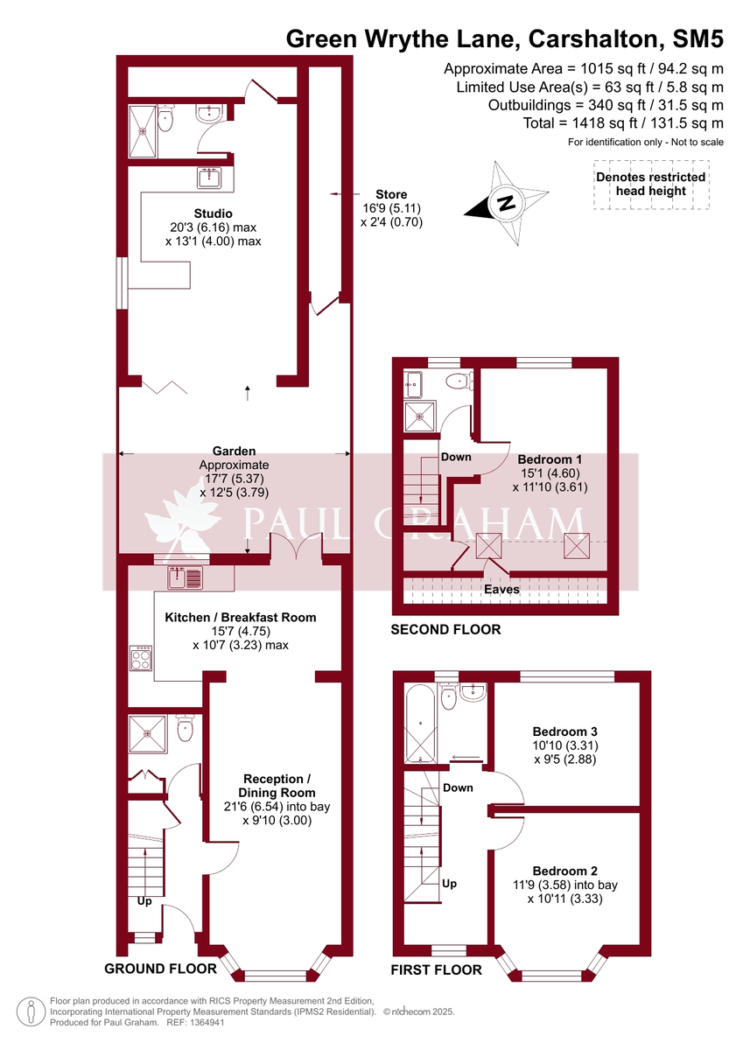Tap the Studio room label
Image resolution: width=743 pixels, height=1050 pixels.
tap(214, 213)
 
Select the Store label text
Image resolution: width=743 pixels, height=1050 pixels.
tap(391, 194)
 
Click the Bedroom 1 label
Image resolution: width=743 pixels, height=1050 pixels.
tap(550, 458)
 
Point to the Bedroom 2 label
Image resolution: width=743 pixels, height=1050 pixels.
tap(564, 871)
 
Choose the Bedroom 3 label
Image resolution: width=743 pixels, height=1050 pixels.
tap(564, 731)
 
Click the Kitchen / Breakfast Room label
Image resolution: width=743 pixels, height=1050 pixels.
tap(241, 617)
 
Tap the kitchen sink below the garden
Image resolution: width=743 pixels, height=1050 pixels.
tap(185, 577)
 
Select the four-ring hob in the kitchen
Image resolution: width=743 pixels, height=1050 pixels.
tap(140, 658)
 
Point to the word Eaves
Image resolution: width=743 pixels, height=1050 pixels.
tap(502, 589)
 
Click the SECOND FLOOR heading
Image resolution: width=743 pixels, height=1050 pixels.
tap(445, 629)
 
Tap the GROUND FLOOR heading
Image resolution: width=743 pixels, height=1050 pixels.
tap(160, 969)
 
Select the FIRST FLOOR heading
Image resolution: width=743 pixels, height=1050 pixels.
tap(437, 969)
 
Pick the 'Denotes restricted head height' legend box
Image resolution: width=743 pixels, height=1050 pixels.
tap(650, 184)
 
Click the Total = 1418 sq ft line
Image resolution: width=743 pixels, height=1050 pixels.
tap(623, 123)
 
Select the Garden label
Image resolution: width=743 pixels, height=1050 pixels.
tap(234, 451)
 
